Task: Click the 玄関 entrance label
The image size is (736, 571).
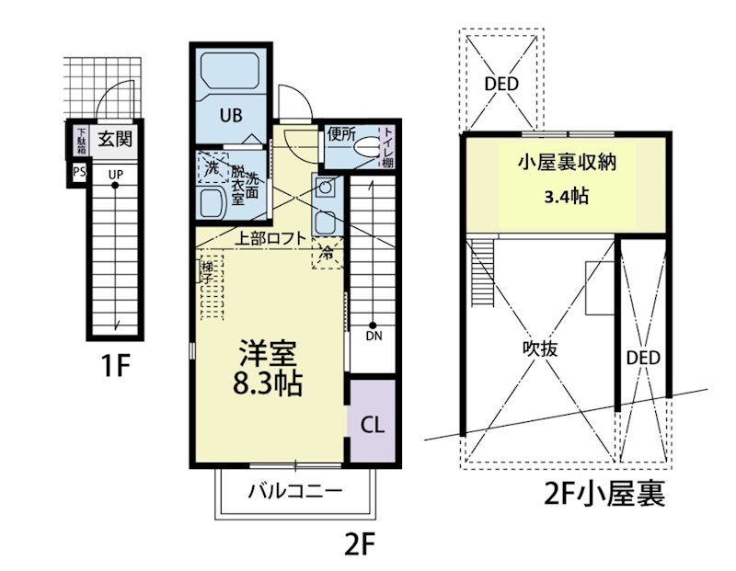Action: point(116,140)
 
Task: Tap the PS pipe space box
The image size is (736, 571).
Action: point(78,172)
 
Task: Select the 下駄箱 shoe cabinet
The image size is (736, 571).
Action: point(81,142)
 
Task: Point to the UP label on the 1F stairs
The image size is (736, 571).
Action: point(116,174)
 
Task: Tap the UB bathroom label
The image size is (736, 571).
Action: point(230,116)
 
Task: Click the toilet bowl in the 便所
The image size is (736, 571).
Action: point(369,147)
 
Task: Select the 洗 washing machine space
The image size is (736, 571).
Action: point(212,168)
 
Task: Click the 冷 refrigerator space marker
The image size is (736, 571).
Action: point(327,251)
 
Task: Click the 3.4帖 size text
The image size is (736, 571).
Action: point(565,197)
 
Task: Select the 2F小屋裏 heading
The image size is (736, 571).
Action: point(604,497)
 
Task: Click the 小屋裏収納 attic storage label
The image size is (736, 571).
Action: point(566,164)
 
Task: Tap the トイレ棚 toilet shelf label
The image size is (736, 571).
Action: point(388,145)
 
